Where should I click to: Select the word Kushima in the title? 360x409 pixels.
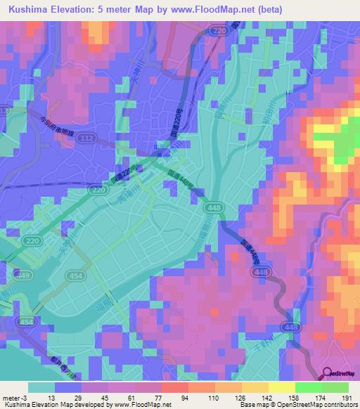[x=25, y=9]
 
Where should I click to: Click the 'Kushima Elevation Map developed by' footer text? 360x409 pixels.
[x=43, y=405]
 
